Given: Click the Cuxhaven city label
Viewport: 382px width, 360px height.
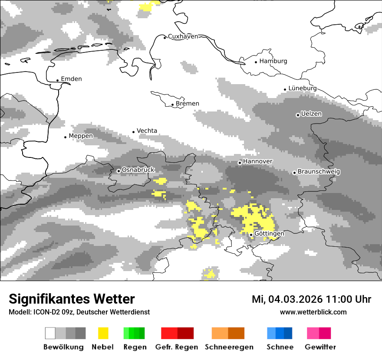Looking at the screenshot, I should (183, 36).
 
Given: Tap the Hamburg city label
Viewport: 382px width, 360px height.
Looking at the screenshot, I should (273, 61).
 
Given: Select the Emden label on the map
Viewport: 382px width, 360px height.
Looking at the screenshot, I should (71, 79).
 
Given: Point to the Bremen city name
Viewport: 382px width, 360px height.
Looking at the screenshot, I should (188, 104).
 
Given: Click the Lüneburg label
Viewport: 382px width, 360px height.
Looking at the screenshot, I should (302, 88).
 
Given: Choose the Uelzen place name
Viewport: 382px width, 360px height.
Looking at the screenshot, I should (311, 114).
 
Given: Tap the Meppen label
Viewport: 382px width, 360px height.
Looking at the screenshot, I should (81, 136).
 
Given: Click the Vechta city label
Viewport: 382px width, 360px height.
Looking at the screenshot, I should (147, 131).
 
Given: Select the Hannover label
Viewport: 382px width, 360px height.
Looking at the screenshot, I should (257, 161).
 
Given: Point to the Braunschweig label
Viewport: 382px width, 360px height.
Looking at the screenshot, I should (319, 172).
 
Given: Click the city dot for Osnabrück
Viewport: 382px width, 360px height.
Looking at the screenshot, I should (119, 171).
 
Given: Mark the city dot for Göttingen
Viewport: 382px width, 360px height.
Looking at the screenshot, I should (251, 235).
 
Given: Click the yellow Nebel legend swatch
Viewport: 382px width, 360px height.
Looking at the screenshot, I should (103, 333).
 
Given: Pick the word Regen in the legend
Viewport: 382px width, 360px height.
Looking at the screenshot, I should (135, 347).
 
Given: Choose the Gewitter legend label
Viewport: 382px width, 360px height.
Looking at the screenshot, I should (320, 347).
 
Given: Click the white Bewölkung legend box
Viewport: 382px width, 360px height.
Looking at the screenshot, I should (50, 333).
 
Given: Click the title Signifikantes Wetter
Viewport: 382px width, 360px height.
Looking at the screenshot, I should (72, 299).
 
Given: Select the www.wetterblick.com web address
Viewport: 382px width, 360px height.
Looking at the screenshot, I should (313, 312).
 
